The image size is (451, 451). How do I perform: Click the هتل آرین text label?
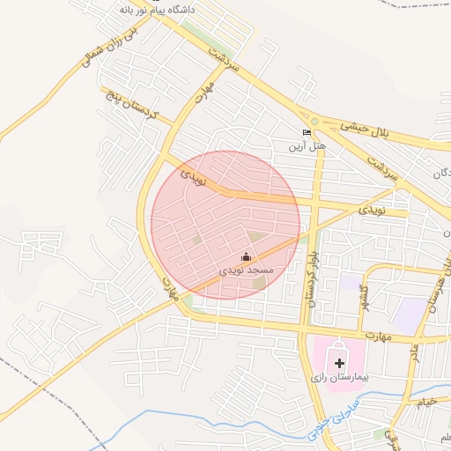[x=308, y=144]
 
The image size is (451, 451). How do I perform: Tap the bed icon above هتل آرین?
[x=307, y=131]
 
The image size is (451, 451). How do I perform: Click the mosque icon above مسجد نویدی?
[x=245, y=256]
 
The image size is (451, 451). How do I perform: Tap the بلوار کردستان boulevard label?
[x=310, y=273]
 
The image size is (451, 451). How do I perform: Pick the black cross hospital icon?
[x=340, y=362]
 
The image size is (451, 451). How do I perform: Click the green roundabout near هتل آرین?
[x=314, y=122]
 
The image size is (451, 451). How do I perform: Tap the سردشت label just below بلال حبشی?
[x=383, y=165]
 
